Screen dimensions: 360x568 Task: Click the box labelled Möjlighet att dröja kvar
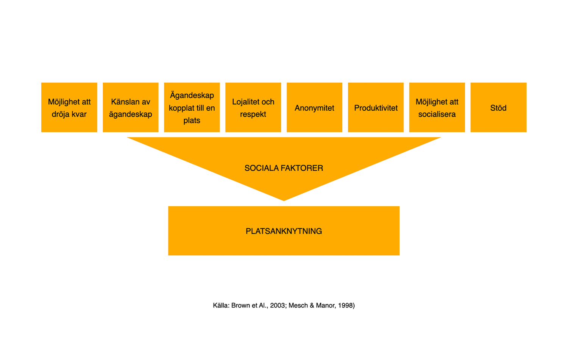click(x=69, y=108)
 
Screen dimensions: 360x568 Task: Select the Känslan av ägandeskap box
click(x=131, y=108)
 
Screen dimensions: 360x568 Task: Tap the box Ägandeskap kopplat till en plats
click(x=192, y=108)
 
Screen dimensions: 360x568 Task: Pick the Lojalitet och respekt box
click(x=253, y=108)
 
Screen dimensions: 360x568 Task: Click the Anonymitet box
click(x=315, y=108)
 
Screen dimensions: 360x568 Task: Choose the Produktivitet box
click(x=376, y=108)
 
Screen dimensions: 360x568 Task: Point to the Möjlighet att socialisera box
click(x=437, y=108)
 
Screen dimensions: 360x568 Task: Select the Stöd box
click(x=498, y=108)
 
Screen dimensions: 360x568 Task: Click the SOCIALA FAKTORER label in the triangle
click(x=284, y=168)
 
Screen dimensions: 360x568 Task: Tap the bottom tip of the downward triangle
click(x=284, y=199)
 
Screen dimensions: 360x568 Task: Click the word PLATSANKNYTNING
click(x=284, y=231)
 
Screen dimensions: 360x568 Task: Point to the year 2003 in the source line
click(x=277, y=305)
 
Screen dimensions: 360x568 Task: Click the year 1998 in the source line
click(x=345, y=305)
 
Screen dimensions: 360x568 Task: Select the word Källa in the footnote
click(x=221, y=305)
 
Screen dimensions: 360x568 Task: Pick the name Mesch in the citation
click(x=298, y=305)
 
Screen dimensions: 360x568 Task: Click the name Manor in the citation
click(x=325, y=305)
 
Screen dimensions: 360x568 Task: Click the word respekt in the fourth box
click(x=253, y=114)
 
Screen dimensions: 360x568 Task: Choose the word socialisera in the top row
click(x=437, y=114)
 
